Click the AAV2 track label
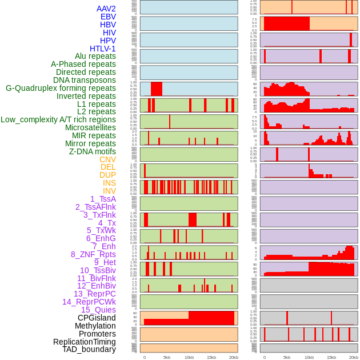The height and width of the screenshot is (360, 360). coord(106,9)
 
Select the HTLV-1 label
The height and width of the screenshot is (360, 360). coord(102,49)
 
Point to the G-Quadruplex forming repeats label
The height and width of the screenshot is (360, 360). coord(61,88)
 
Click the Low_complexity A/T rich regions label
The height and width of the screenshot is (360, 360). coord(58,119)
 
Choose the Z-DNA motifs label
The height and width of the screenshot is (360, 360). coord(92,151)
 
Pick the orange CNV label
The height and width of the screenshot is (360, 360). coord(107,159)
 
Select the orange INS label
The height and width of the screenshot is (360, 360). coord(109,183)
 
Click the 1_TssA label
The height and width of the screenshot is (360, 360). coord(103,199)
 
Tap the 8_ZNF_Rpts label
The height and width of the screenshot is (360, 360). coord(93,254)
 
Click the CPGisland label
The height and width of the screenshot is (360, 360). coord(97,318)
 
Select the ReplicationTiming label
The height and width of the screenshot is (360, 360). coord(85,342)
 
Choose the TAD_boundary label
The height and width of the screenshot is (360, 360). coord(89,349)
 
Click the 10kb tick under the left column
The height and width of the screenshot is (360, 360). coord(189,357)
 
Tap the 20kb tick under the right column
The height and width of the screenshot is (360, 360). coord(354,357)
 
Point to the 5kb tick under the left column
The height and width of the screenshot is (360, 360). coord(167,357)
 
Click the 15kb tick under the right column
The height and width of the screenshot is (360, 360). coord(331,357)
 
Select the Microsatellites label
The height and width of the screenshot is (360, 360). coord(90,127)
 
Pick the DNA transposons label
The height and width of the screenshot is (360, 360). coord(85,80)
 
